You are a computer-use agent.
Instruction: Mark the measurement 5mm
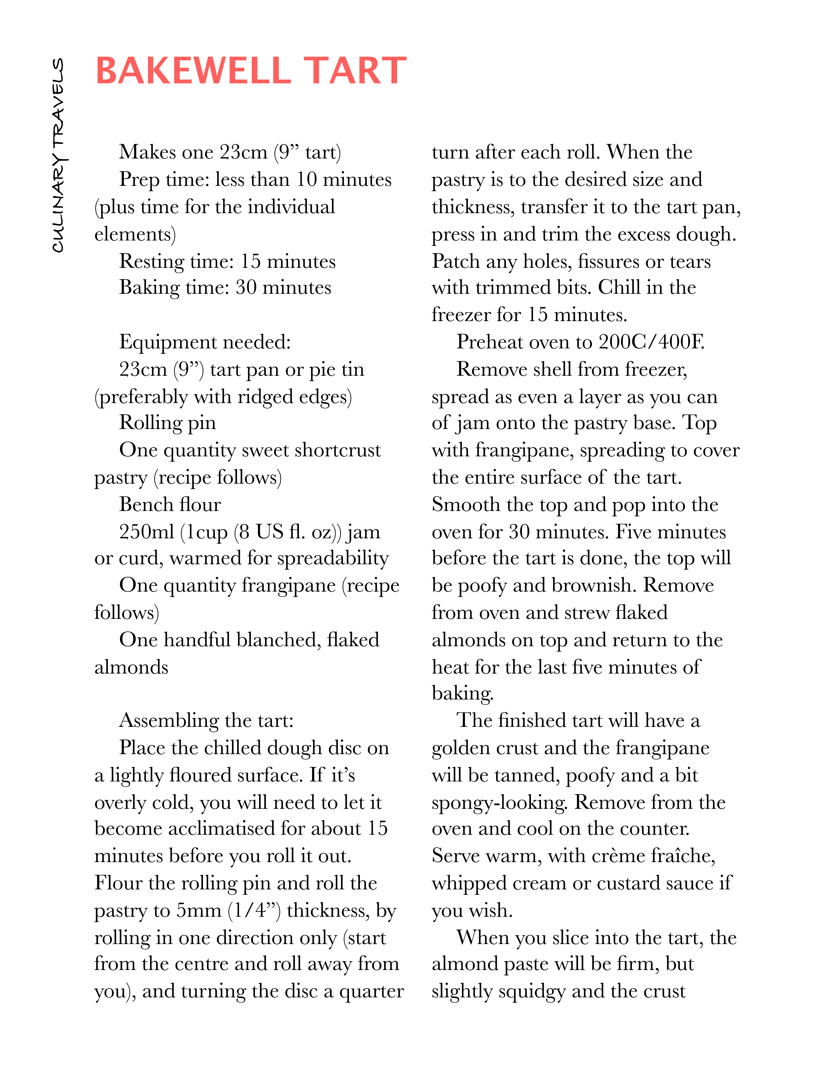point(199,911)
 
